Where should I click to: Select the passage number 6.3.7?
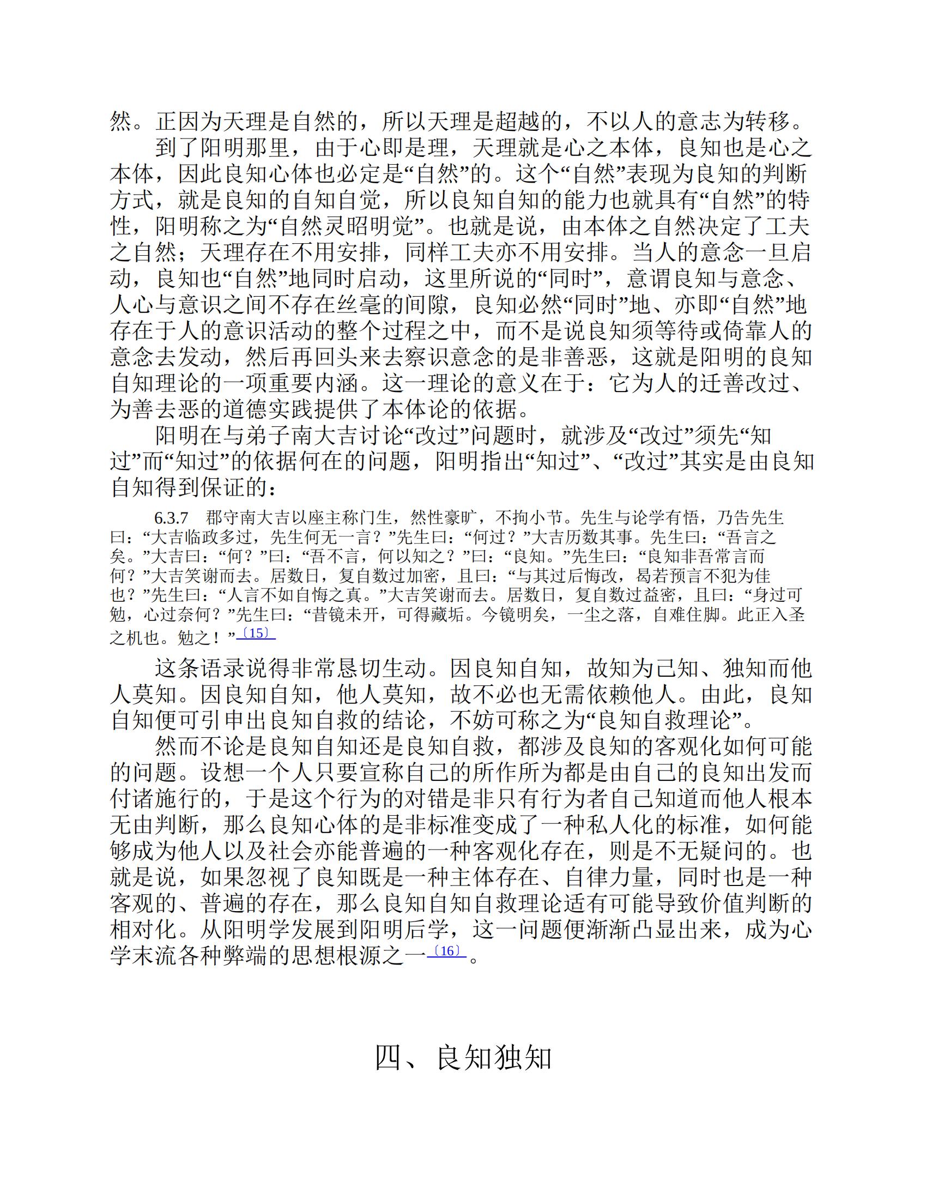(x=172, y=517)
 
